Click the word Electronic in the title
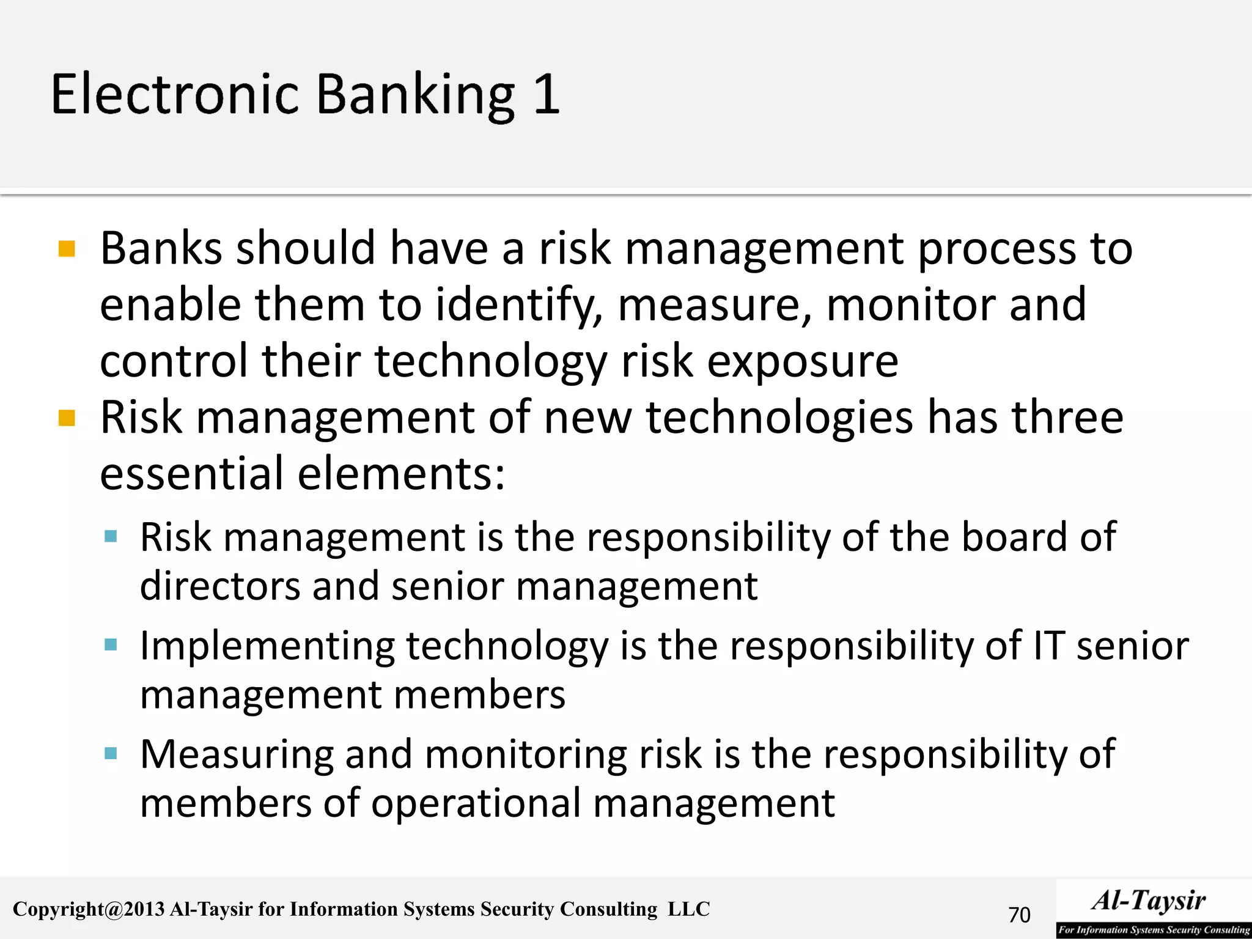coord(175,94)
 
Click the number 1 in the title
coord(546,94)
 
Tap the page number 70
coord(1019,915)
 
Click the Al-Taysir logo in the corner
coord(1153,908)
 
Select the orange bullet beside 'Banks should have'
coord(67,249)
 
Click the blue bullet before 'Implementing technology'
coord(111,645)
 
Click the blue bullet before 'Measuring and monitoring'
coord(111,753)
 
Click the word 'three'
coord(1067,418)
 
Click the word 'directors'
coord(220,586)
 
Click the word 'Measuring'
coord(237,754)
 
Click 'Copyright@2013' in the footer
coord(89,910)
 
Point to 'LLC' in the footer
coord(688,909)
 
